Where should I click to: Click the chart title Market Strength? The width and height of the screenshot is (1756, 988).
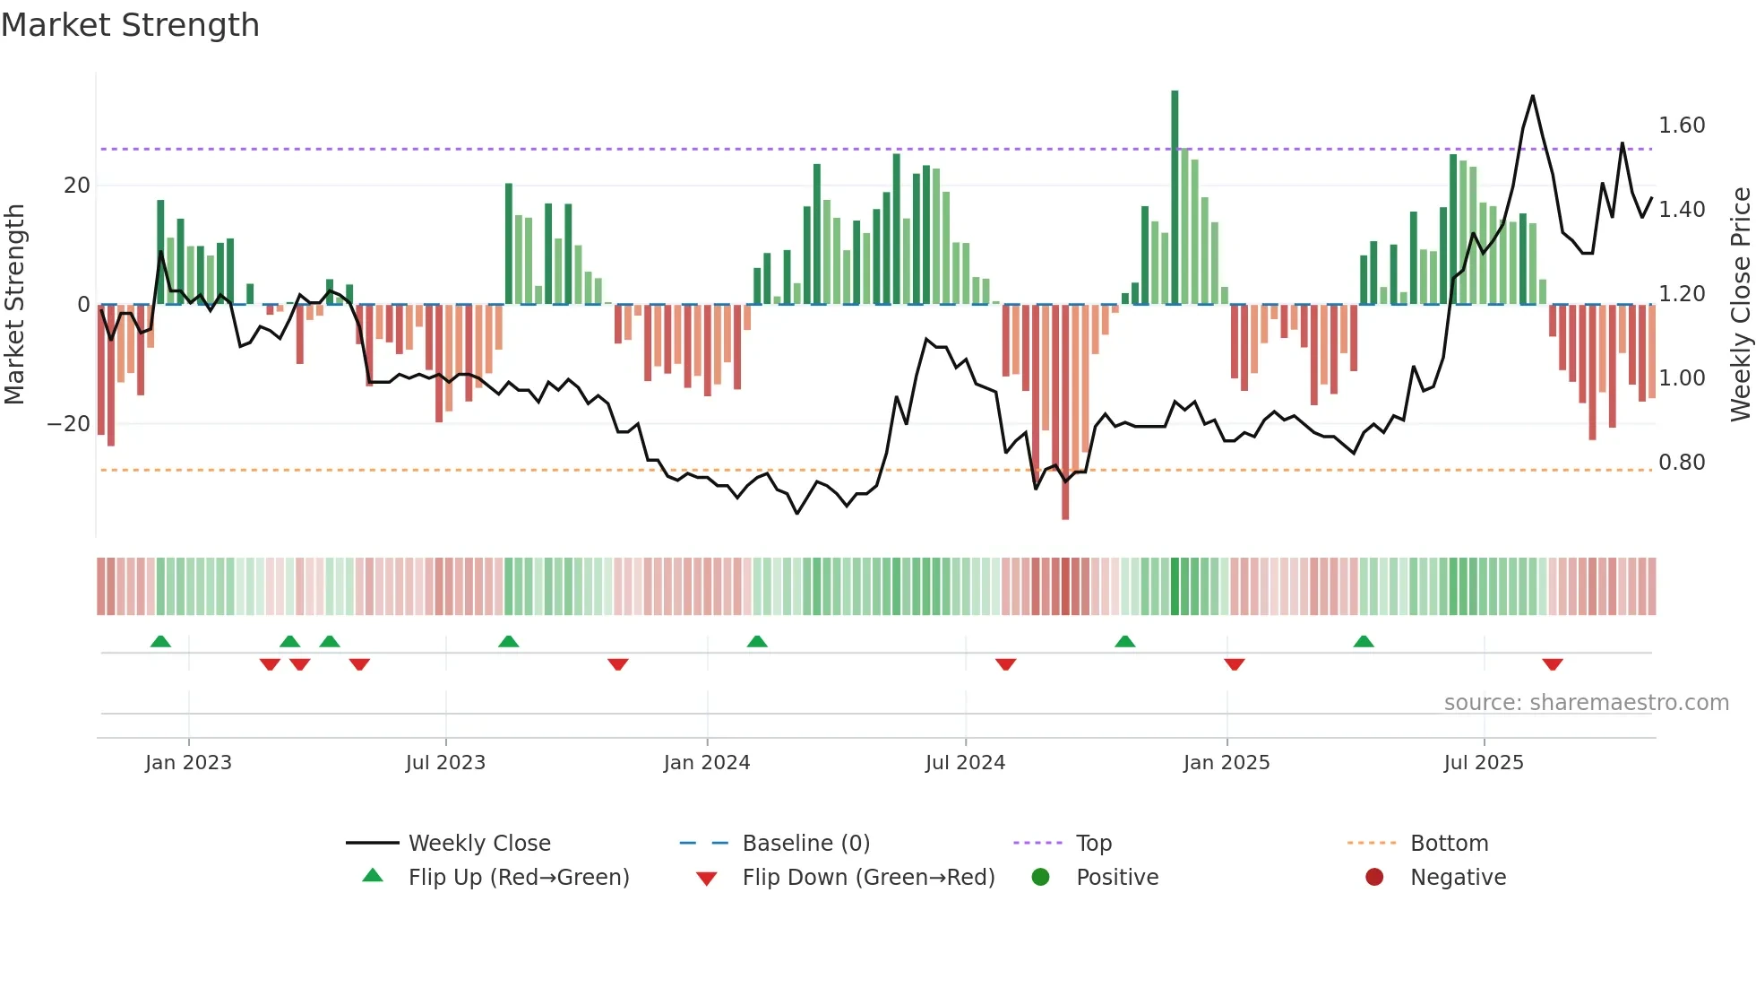[130, 25]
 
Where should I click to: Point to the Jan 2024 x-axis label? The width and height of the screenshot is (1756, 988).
[706, 762]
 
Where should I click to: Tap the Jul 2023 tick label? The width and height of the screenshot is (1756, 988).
[445, 762]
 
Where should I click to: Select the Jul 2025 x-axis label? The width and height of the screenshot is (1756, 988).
[1483, 762]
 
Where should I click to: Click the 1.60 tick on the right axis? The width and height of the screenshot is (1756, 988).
[1681, 126]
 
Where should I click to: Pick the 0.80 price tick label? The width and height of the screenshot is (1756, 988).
[1681, 463]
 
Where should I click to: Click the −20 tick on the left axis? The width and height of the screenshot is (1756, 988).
[69, 424]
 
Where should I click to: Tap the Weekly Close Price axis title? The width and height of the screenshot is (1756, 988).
[1740, 304]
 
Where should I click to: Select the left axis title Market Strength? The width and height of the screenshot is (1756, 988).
[15, 304]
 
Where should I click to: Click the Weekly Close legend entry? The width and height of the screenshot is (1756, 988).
[478, 844]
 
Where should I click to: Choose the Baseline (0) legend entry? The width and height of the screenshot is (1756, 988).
[805, 844]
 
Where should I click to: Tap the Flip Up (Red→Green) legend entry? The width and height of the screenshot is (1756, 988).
[518, 878]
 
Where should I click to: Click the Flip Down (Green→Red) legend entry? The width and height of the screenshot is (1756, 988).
[867, 878]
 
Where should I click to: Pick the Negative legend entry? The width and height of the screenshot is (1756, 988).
[1457, 878]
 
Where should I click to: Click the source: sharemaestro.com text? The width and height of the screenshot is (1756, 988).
[1586, 703]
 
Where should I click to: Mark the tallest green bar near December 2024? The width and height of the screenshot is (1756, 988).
[1175, 197]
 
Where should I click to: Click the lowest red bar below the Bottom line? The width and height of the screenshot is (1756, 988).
[1065, 412]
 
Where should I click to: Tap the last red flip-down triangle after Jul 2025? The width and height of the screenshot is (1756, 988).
[1553, 664]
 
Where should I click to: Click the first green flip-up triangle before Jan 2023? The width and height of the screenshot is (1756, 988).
[160, 641]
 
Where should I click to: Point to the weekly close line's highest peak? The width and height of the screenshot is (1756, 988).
[1533, 97]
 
